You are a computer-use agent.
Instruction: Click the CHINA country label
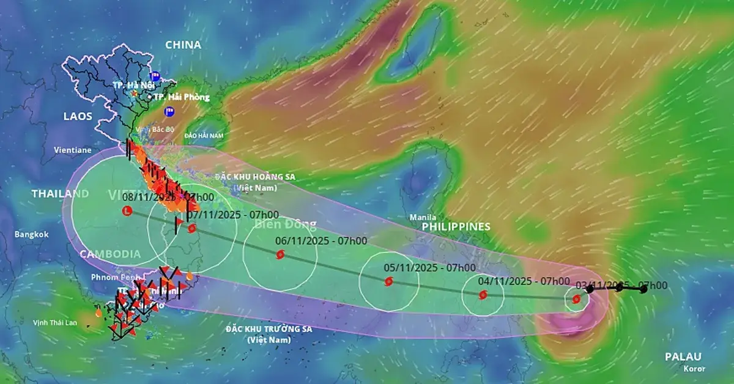tap(183, 45)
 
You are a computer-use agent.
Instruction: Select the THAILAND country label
tap(60, 194)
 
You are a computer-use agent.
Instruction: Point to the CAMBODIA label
tap(111, 254)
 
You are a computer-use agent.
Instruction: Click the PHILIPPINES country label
tap(456, 226)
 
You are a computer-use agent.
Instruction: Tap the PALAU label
tap(683, 356)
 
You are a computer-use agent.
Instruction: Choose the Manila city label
tap(423, 217)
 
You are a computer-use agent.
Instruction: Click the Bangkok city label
tap(32, 234)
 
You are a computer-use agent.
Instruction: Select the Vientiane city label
tap(72, 150)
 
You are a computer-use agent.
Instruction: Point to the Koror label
tap(695, 369)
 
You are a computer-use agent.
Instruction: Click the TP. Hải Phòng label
tap(181, 97)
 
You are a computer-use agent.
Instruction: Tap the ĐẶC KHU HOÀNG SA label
tap(255, 177)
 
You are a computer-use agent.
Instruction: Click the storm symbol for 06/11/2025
tap(280, 254)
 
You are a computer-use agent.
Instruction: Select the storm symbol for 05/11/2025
tap(388, 281)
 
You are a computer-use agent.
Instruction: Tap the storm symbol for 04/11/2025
tap(483, 295)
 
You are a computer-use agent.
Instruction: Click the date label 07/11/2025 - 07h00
tap(233, 215)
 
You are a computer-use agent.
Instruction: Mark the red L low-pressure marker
tap(127, 211)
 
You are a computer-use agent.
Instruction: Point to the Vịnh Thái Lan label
tap(55, 323)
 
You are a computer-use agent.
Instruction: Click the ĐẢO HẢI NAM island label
tap(204, 135)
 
